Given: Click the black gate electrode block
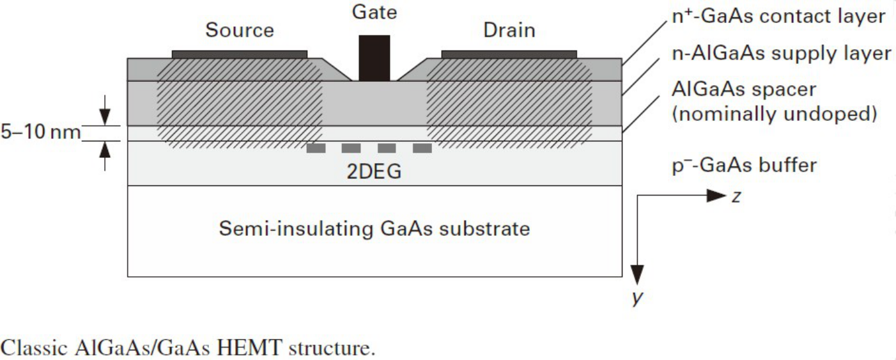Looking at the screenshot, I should click(374, 58).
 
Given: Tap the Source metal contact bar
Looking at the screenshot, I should click(240, 54).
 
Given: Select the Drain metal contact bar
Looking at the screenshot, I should click(509, 54).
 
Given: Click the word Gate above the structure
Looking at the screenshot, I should click(375, 12).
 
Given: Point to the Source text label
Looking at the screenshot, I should click(240, 30).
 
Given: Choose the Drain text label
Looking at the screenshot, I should click(509, 30).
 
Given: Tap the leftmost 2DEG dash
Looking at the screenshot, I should click(315, 148).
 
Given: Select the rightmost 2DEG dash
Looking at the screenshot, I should click(422, 148).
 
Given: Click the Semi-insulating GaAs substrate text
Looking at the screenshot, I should click(374, 228).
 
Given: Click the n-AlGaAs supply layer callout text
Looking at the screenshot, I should click(780, 54).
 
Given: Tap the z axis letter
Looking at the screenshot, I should click(736, 197).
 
